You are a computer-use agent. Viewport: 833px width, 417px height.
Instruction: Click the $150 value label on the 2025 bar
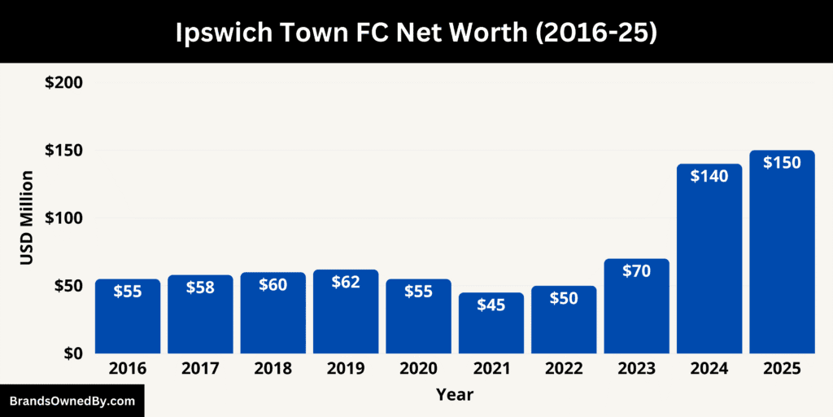pos(782,162)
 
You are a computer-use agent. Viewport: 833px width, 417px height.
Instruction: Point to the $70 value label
pos(636,271)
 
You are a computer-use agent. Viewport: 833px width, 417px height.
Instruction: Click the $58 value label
pos(200,287)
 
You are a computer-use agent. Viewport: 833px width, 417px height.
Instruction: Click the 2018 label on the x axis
pos(273,369)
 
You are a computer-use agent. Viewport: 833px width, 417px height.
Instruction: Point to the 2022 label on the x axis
pos(564,369)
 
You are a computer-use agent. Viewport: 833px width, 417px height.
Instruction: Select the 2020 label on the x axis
pos(418,369)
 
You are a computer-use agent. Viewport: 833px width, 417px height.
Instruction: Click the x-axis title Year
pos(454,395)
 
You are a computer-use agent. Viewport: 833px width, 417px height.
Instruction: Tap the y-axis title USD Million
pos(28,217)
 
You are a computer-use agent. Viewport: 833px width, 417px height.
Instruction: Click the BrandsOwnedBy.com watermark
pos(72,402)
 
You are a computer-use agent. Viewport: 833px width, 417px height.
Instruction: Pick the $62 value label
pos(346,282)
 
